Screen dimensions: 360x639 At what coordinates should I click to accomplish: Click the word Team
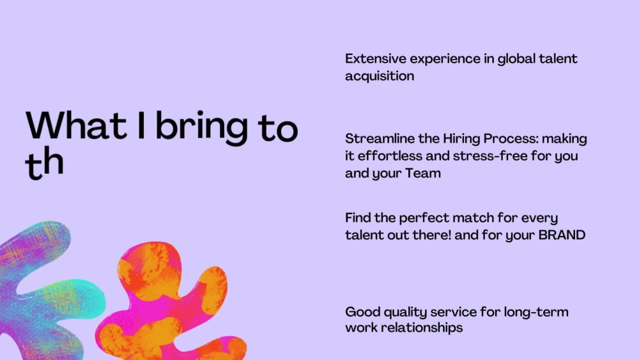tap(423, 173)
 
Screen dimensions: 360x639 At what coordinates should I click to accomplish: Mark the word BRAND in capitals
tap(562, 235)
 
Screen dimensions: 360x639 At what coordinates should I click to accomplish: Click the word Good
tap(362, 312)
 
